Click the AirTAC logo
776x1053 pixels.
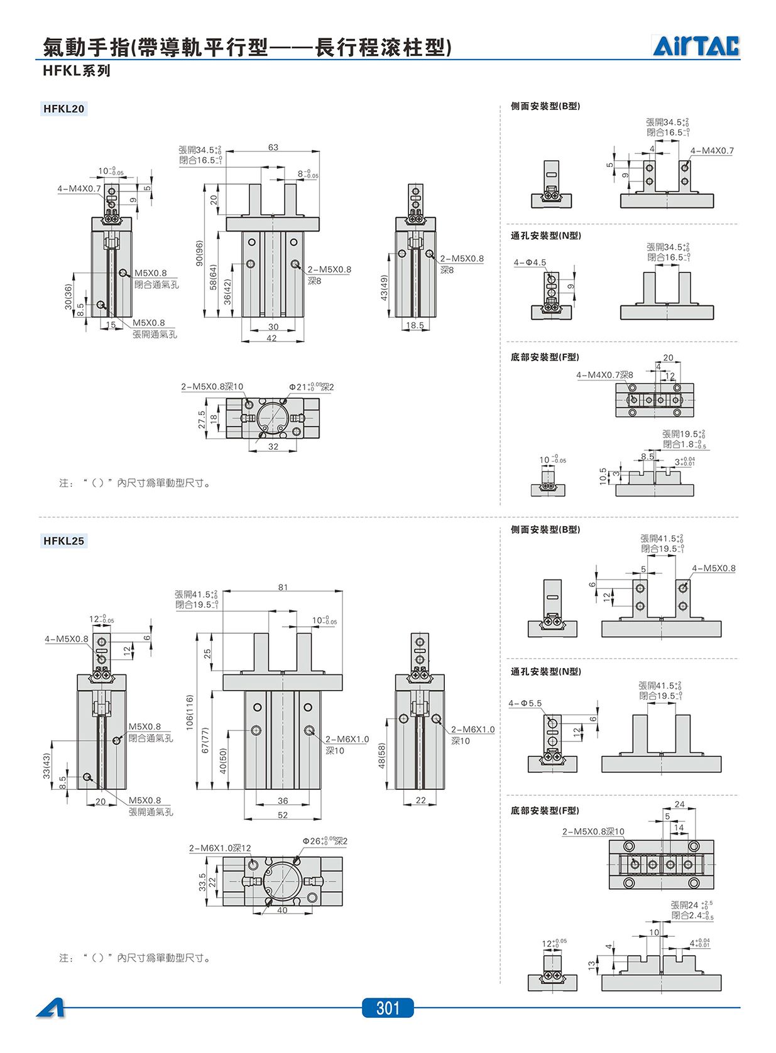(x=696, y=46)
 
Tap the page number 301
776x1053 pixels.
(x=388, y=1008)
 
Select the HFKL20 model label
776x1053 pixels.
(x=64, y=109)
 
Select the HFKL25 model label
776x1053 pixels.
(x=64, y=541)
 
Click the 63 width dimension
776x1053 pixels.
(x=273, y=148)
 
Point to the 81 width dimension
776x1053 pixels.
(x=283, y=587)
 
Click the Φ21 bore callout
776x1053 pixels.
(x=311, y=387)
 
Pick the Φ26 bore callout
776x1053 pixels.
(x=325, y=841)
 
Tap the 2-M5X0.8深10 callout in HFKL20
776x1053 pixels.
(x=212, y=387)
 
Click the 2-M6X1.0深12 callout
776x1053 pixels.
(x=220, y=848)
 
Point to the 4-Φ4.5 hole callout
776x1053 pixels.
(x=530, y=262)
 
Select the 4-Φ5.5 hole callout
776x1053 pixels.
(x=525, y=703)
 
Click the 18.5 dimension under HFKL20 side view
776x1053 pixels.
(x=415, y=325)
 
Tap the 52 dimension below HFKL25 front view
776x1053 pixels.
(x=283, y=815)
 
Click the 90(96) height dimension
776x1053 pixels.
(x=199, y=253)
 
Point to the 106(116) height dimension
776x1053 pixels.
(x=190, y=711)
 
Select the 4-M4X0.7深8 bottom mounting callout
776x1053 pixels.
(x=604, y=375)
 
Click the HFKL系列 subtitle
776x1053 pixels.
(x=77, y=71)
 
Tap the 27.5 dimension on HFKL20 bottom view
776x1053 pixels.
(x=202, y=419)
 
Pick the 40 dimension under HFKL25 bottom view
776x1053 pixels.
(x=282, y=910)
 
